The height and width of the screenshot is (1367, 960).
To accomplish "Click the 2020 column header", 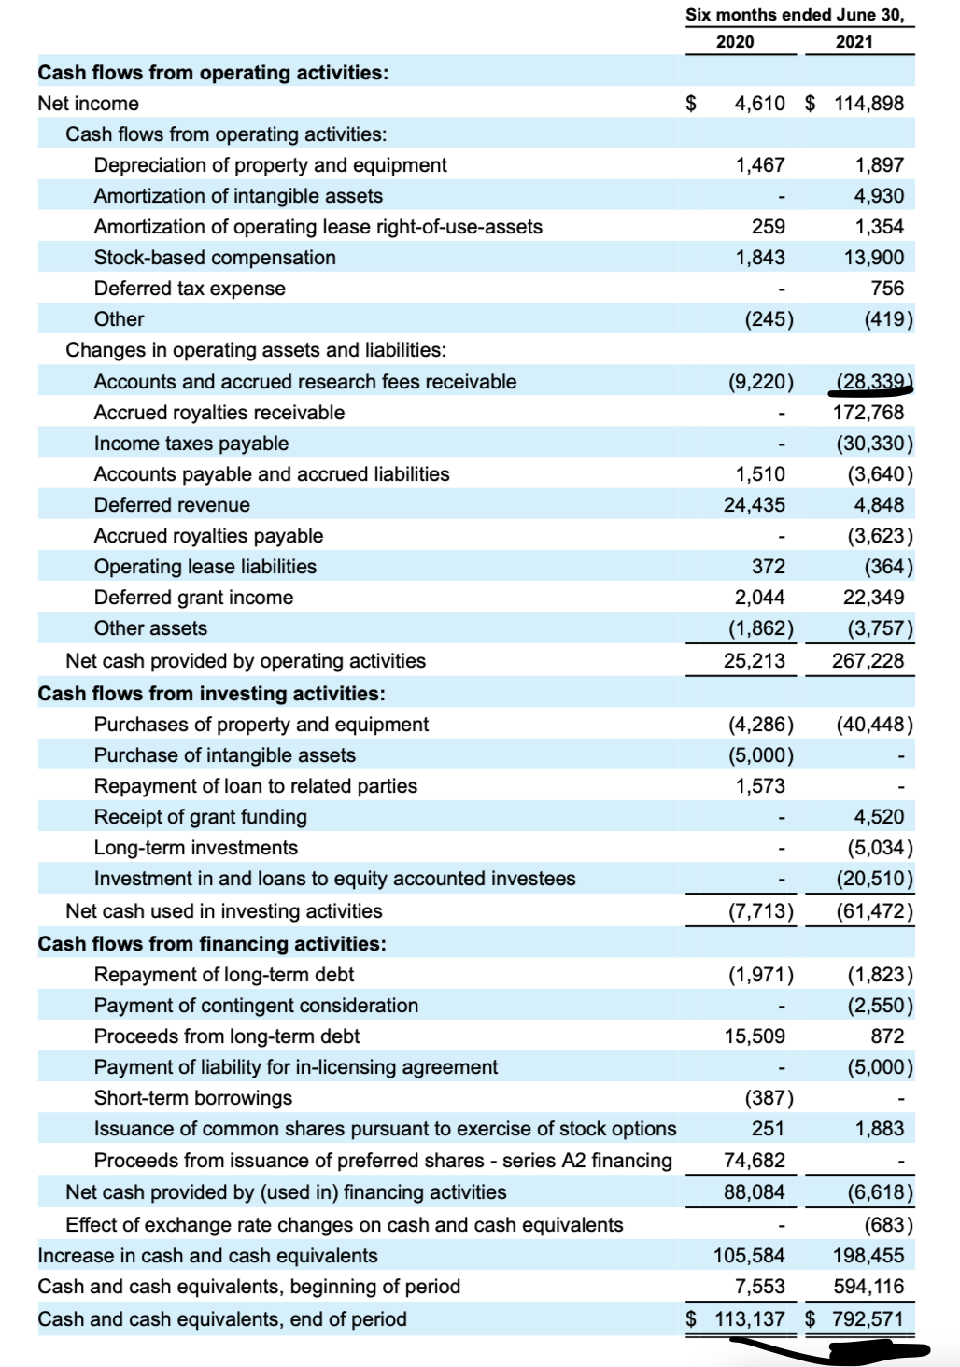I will [x=735, y=42].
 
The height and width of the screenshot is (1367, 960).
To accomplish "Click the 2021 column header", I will [x=854, y=42].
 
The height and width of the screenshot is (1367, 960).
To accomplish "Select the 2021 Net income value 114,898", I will [x=868, y=104].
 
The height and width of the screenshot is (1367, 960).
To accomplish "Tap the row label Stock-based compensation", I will [x=215, y=258].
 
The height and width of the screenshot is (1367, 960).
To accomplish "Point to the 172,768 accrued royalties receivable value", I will [x=868, y=413].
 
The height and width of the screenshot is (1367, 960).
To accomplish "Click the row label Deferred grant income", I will [x=193, y=598].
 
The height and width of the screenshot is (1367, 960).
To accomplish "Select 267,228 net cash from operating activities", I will [x=868, y=661].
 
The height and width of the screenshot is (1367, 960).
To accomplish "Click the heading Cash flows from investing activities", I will [x=211, y=694].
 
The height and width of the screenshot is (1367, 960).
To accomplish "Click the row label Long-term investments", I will [x=196, y=848].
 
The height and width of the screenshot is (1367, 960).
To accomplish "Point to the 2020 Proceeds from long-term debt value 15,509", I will [x=755, y=1036].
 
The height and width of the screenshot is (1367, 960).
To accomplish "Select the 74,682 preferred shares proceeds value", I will [x=755, y=1161].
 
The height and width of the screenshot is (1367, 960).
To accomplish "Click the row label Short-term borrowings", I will [x=193, y=1098].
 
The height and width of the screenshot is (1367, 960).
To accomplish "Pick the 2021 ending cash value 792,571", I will [x=868, y=1319].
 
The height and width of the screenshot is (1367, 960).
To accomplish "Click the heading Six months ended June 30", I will [x=795, y=15].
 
